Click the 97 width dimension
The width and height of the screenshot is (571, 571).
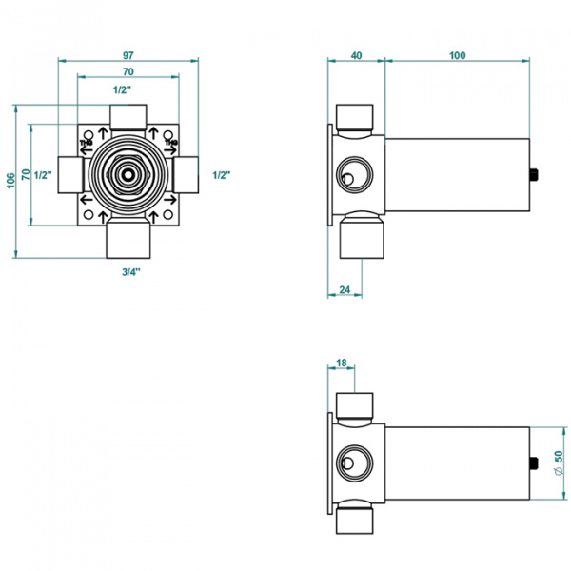point(128,54)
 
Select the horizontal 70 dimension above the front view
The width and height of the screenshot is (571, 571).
point(128,72)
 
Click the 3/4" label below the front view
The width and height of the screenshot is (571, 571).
point(130,273)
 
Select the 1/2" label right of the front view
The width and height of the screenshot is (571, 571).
point(222,175)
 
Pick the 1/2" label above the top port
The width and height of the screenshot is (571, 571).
point(122,89)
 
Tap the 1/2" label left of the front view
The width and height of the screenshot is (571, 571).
point(42,175)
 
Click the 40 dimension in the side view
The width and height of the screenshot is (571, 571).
point(356,55)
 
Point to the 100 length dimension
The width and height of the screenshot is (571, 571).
point(457,55)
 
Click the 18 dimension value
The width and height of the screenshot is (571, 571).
point(342,363)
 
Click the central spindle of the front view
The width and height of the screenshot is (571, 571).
point(128,175)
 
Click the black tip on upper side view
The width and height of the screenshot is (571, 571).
point(536,174)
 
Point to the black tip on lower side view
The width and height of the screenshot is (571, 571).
point(536,464)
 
